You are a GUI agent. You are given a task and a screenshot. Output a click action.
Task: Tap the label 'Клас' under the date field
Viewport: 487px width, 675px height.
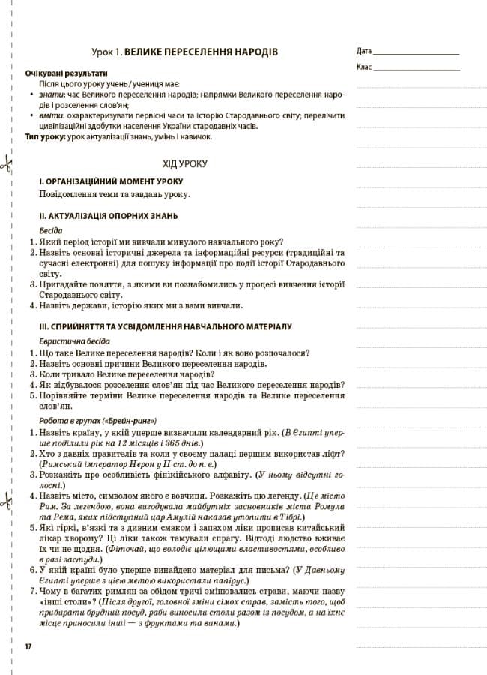364,67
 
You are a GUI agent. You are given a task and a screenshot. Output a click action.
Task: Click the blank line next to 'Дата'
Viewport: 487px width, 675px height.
416,54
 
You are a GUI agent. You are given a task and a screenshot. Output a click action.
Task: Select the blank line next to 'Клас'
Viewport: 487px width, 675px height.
416,69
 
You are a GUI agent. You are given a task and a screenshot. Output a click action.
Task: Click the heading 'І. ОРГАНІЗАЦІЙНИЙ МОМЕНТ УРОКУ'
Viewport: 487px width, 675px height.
111,182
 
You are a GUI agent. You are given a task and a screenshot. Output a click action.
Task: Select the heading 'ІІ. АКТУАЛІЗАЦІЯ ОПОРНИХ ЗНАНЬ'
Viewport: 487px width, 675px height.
109,216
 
